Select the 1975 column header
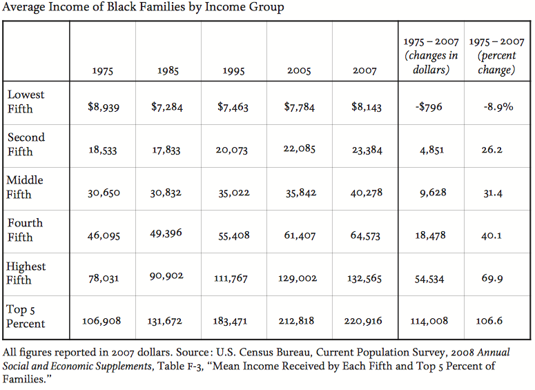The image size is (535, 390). pos(103,70)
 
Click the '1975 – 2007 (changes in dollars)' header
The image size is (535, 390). pos(431,56)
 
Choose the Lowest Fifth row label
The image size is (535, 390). pos(26,101)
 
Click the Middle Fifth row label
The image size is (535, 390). pos(25,187)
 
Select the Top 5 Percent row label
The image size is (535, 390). pos(26,316)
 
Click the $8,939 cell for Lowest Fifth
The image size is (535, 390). pos(104,107)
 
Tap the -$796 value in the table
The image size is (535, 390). pos(429,107)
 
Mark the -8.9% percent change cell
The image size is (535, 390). pos(498,107)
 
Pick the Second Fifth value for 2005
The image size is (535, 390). pos(300,150)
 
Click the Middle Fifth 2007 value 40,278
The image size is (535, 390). pos(366,193)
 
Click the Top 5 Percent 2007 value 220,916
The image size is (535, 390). pos(366,321)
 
